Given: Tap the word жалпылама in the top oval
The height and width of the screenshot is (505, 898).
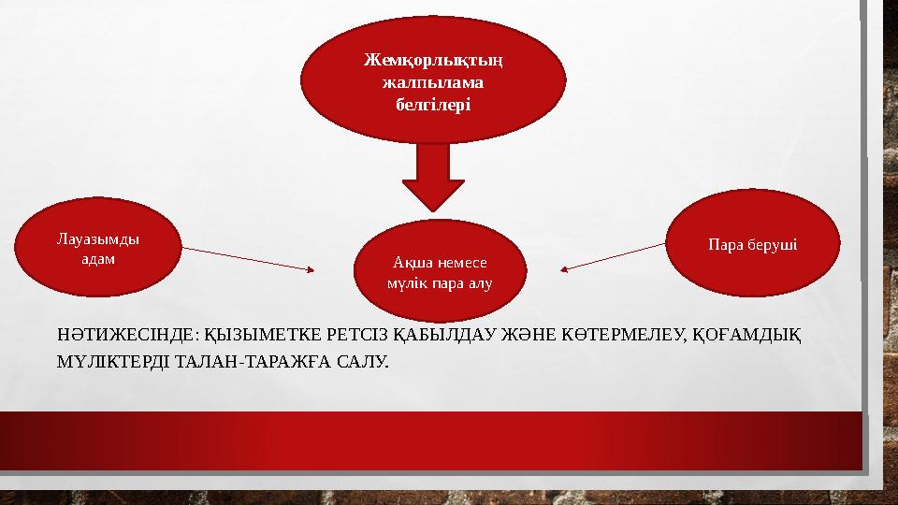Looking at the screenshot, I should (434, 82).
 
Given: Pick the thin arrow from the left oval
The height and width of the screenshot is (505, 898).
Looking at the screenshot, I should (248, 259).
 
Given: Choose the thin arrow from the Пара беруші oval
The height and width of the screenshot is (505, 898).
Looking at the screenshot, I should (615, 257).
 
